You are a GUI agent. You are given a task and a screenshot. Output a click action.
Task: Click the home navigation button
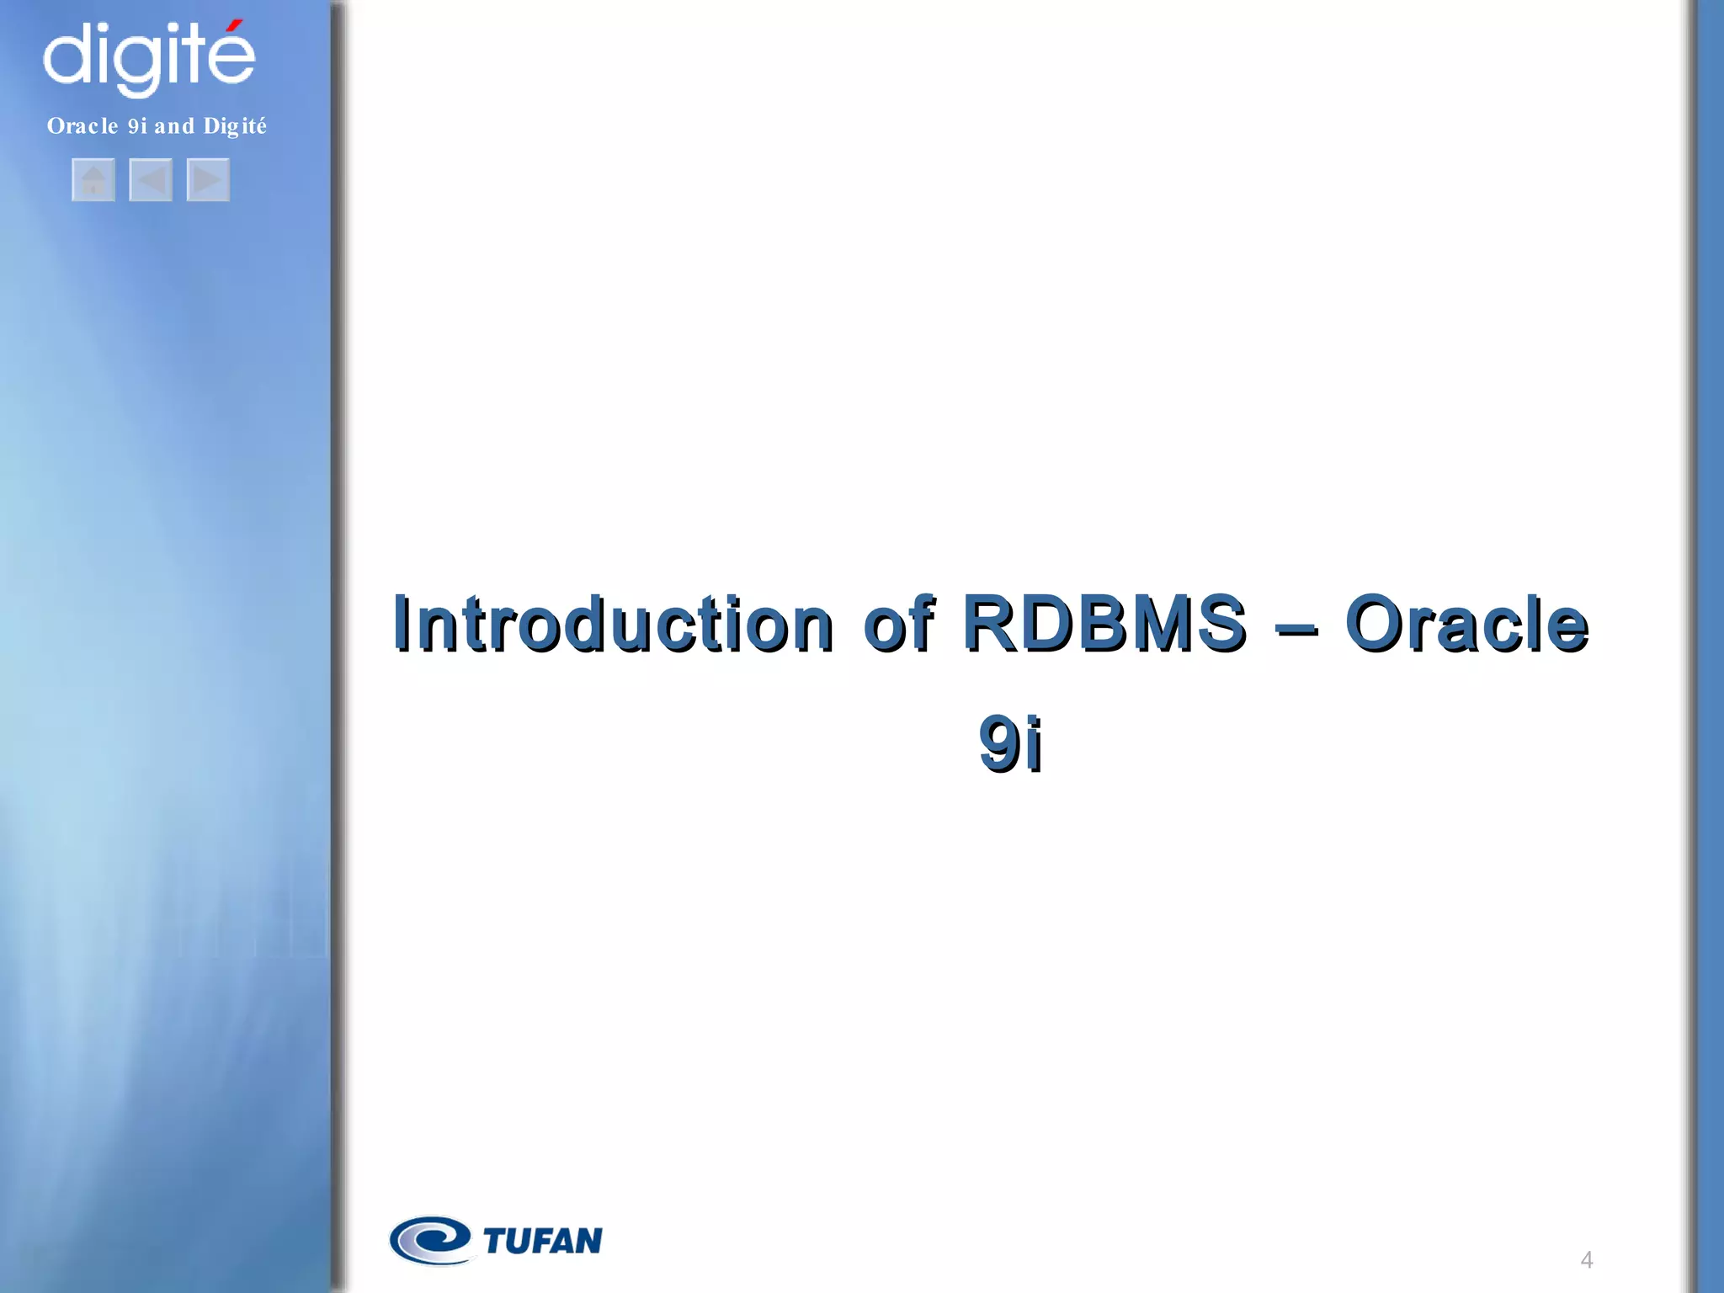[x=93, y=180]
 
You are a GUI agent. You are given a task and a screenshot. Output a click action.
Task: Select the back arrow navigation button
[x=151, y=180]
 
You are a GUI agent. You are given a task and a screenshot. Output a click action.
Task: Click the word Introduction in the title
[x=613, y=624]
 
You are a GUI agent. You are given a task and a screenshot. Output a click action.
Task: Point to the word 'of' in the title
[x=897, y=624]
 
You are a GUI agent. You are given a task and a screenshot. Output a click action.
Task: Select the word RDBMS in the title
[x=1103, y=624]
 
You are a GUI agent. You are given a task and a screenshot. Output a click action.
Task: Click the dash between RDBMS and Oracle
[x=1296, y=628]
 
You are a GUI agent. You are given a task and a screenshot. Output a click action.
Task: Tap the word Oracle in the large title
[x=1466, y=624]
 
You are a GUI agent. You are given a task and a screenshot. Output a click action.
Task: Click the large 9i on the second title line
[x=1010, y=743]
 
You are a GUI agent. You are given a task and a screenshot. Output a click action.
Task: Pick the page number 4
[x=1586, y=1260]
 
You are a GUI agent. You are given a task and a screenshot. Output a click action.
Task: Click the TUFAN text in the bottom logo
[x=543, y=1241]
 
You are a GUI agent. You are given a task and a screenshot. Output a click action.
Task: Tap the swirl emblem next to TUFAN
[x=430, y=1240]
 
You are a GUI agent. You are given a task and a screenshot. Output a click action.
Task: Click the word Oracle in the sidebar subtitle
[x=82, y=126]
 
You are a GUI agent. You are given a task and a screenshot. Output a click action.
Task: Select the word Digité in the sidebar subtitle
[x=235, y=126]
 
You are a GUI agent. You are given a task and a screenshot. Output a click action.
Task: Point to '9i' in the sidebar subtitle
[x=137, y=126]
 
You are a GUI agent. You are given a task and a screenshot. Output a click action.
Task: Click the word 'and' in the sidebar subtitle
[x=174, y=126]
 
